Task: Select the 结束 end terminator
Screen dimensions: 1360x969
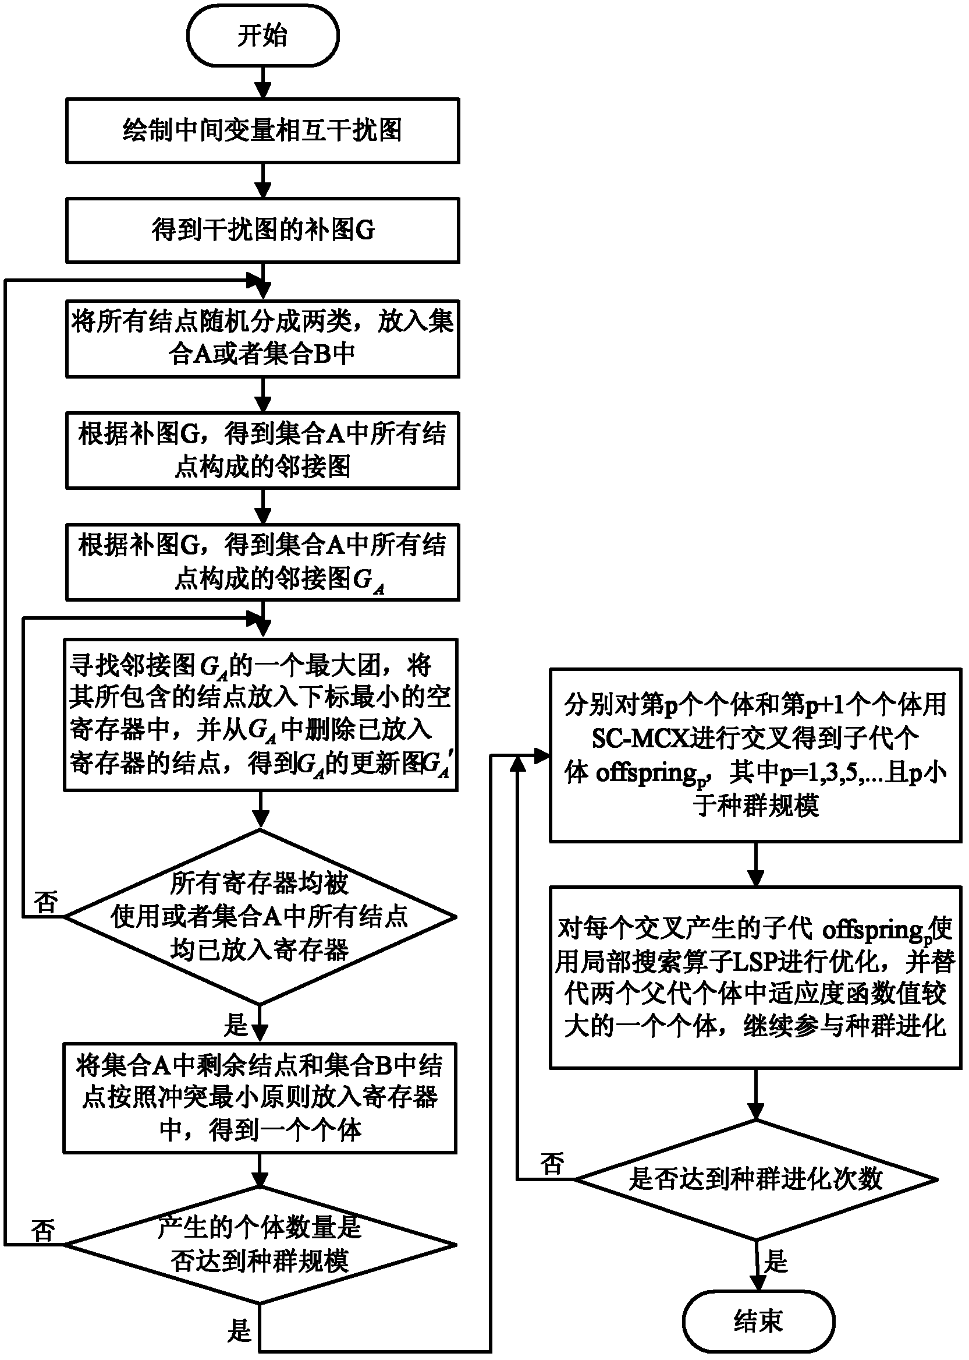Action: coord(758,1320)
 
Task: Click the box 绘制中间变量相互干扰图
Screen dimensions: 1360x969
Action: coord(262,130)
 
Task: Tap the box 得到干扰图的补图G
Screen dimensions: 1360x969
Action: coord(262,231)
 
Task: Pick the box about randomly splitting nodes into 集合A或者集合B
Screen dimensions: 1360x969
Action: coord(262,338)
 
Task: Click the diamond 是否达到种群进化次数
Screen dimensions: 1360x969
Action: coord(755,1179)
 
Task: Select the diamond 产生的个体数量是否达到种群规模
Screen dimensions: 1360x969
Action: coord(260,1245)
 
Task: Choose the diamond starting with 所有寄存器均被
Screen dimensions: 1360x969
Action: coord(260,916)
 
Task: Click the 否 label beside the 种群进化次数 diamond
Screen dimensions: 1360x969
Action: coord(552,1164)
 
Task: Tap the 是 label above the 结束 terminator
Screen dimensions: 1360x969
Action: coord(776,1261)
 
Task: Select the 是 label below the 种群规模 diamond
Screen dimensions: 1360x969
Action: coord(239,1330)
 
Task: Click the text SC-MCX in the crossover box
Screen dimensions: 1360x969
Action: coord(640,739)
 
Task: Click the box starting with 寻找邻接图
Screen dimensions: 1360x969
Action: coord(261,714)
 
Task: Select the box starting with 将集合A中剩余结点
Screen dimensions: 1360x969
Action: coord(260,1097)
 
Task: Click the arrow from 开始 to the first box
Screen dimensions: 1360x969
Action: coord(262,82)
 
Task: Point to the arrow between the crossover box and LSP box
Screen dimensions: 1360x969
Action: coord(755,864)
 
